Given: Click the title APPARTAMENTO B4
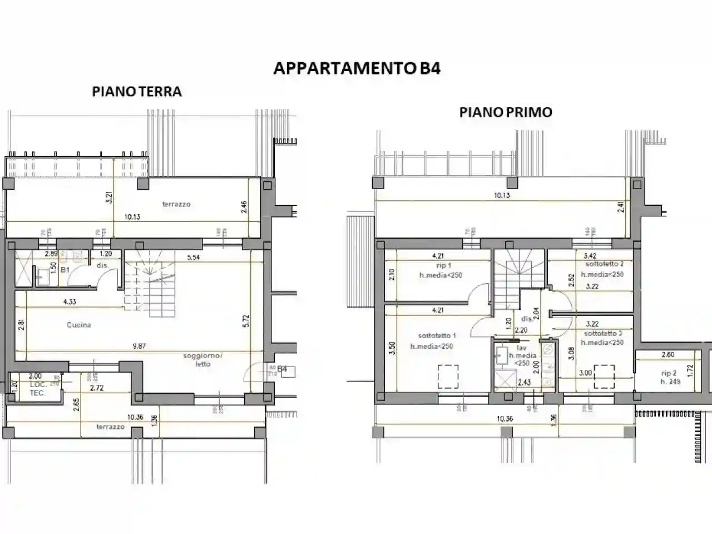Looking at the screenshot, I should pyautogui.click(x=357, y=68).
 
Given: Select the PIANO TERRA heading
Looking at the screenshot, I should pyautogui.click(x=137, y=91).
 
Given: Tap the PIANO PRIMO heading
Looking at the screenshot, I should pyautogui.click(x=505, y=112).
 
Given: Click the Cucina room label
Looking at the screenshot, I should pyautogui.click(x=78, y=325).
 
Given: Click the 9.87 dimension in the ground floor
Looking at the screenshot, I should pyautogui.click(x=139, y=346).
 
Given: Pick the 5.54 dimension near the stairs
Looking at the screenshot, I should pyautogui.click(x=194, y=258).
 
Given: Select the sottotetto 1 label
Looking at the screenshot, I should pyautogui.click(x=437, y=335).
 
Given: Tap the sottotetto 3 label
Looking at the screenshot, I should pyautogui.click(x=603, y=333).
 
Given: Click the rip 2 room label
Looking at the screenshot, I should pyautogui.click(x=669, y=373).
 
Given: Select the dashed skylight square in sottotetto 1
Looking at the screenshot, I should pyautogui.click(x=448, y=376).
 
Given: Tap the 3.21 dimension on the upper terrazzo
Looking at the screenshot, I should pyautogui.click(x=110, y=197).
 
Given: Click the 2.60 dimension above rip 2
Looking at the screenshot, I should pyautogui.click(x=668, y=354).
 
